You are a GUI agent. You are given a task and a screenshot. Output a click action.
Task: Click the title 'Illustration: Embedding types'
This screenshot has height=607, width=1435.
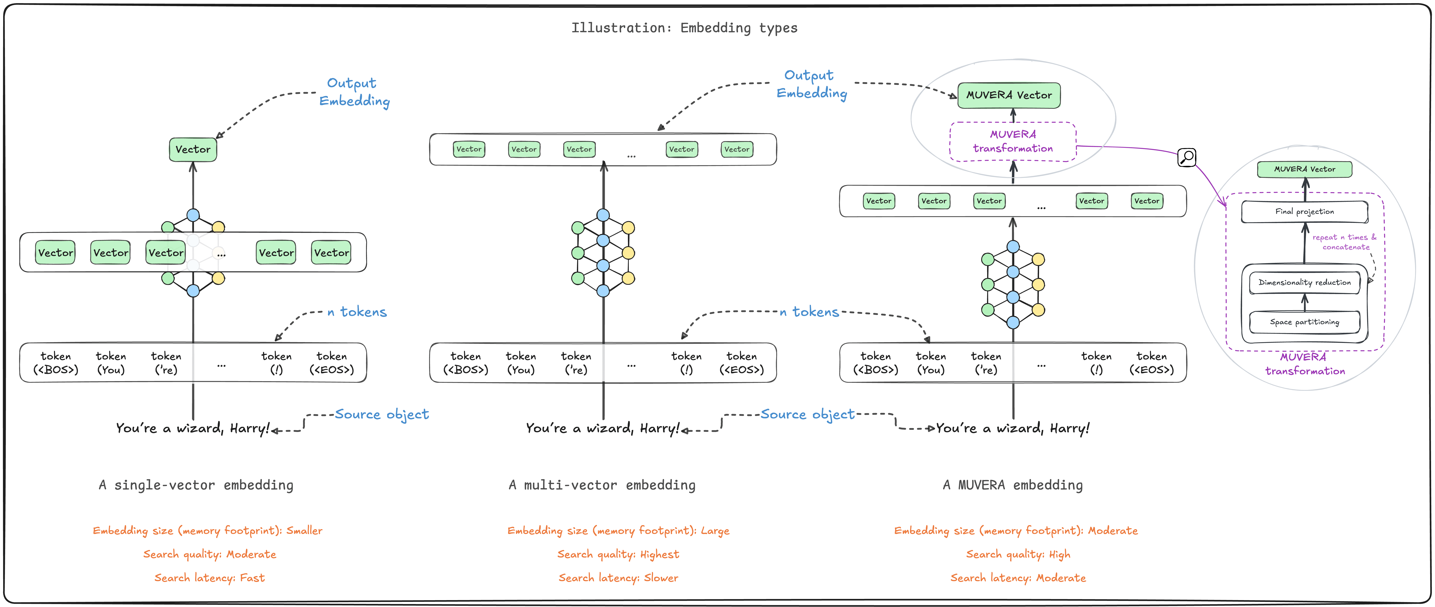point(684,28)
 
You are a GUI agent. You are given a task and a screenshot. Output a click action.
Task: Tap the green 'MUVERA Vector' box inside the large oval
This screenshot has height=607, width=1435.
point(1009,95)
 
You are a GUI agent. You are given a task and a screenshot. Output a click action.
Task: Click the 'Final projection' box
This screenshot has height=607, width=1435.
point(1305,212)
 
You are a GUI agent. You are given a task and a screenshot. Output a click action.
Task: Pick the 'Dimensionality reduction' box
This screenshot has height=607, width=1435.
point(1305,282)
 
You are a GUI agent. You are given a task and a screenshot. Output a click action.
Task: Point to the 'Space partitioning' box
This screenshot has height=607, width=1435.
point(1305,322)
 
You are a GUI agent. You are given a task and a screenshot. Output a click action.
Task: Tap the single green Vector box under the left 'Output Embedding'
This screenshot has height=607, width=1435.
point(193,149)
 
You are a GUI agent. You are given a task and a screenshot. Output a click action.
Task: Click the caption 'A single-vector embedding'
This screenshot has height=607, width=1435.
point(196,485)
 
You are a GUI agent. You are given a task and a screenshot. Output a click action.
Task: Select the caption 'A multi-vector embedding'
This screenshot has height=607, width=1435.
point(602,485)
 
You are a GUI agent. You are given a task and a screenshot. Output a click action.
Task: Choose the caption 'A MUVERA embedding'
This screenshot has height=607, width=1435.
point(1013,485)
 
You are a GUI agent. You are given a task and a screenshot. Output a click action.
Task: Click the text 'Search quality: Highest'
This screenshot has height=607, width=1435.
point(618,554)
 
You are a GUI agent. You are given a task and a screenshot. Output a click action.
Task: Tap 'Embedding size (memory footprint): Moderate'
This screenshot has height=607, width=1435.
point(1016,531)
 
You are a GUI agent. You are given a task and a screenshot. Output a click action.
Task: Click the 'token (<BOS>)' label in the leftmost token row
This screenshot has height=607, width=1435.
point(56,363)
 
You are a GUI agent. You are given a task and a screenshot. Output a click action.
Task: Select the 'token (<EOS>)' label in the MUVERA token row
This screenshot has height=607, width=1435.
point(1152,363)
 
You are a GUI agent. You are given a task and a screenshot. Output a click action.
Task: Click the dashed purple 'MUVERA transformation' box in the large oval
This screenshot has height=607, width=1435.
point(1013,142)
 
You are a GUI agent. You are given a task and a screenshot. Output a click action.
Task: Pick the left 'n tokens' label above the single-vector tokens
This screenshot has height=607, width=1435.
point(357,312)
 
